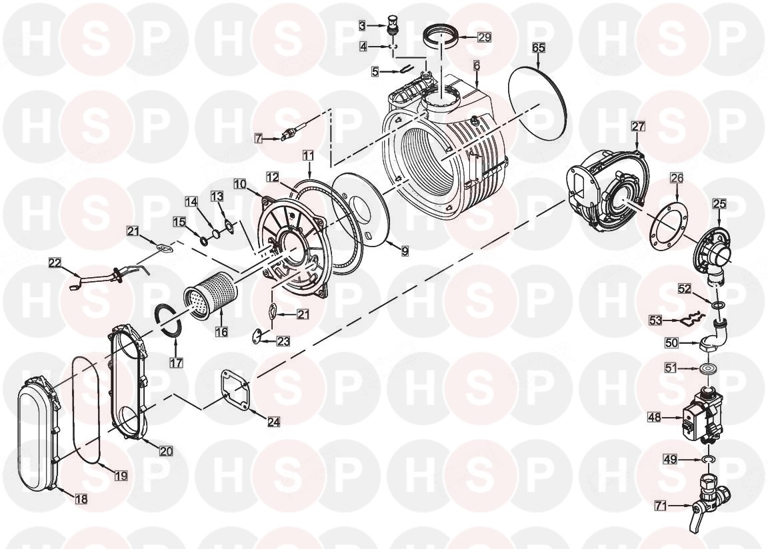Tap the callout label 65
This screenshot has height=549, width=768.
coord(539,48)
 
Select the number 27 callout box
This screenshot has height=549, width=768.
coord(638,126)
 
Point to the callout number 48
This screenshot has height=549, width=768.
coord(654,418)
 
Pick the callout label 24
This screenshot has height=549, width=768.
coord(274,421)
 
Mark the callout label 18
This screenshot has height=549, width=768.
coord(81,498)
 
